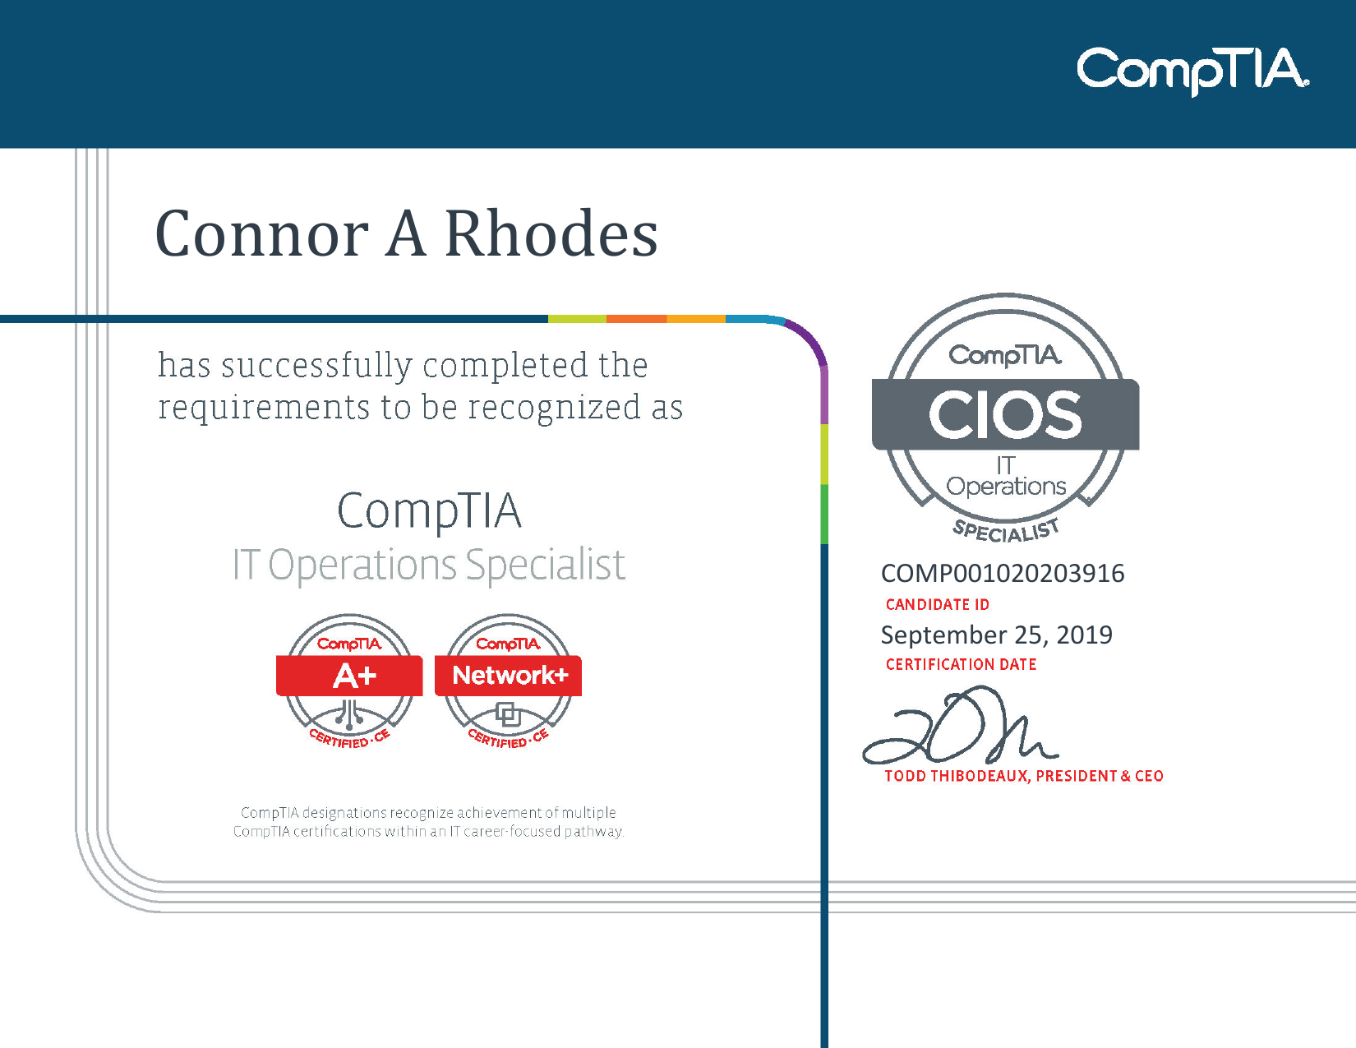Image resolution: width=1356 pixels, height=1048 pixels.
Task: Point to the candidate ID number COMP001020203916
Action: pyautogui.click(x=1002, y=573)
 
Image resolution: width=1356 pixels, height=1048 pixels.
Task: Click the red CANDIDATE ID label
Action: pyautogui.click(x=937, y=605)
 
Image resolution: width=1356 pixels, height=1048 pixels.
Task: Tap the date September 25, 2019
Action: pyautogui.click(x=996, y=635)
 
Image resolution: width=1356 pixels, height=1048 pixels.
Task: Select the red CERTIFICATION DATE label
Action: pyautogui.click(x=961, y=665)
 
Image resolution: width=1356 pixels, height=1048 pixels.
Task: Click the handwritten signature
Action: pyautogui.click(x=957, y=727)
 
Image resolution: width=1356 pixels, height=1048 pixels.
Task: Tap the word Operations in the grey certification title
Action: pyautogui.click(x=362, y=566)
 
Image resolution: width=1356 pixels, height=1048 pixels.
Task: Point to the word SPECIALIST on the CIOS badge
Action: pyautogui.click(x=1006, y=530)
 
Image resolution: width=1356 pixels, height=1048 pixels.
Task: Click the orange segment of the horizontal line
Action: pyautogui.click(x=636, y=319)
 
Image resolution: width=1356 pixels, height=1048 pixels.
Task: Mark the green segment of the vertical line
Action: pyautogui.click(x=824, y=514)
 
